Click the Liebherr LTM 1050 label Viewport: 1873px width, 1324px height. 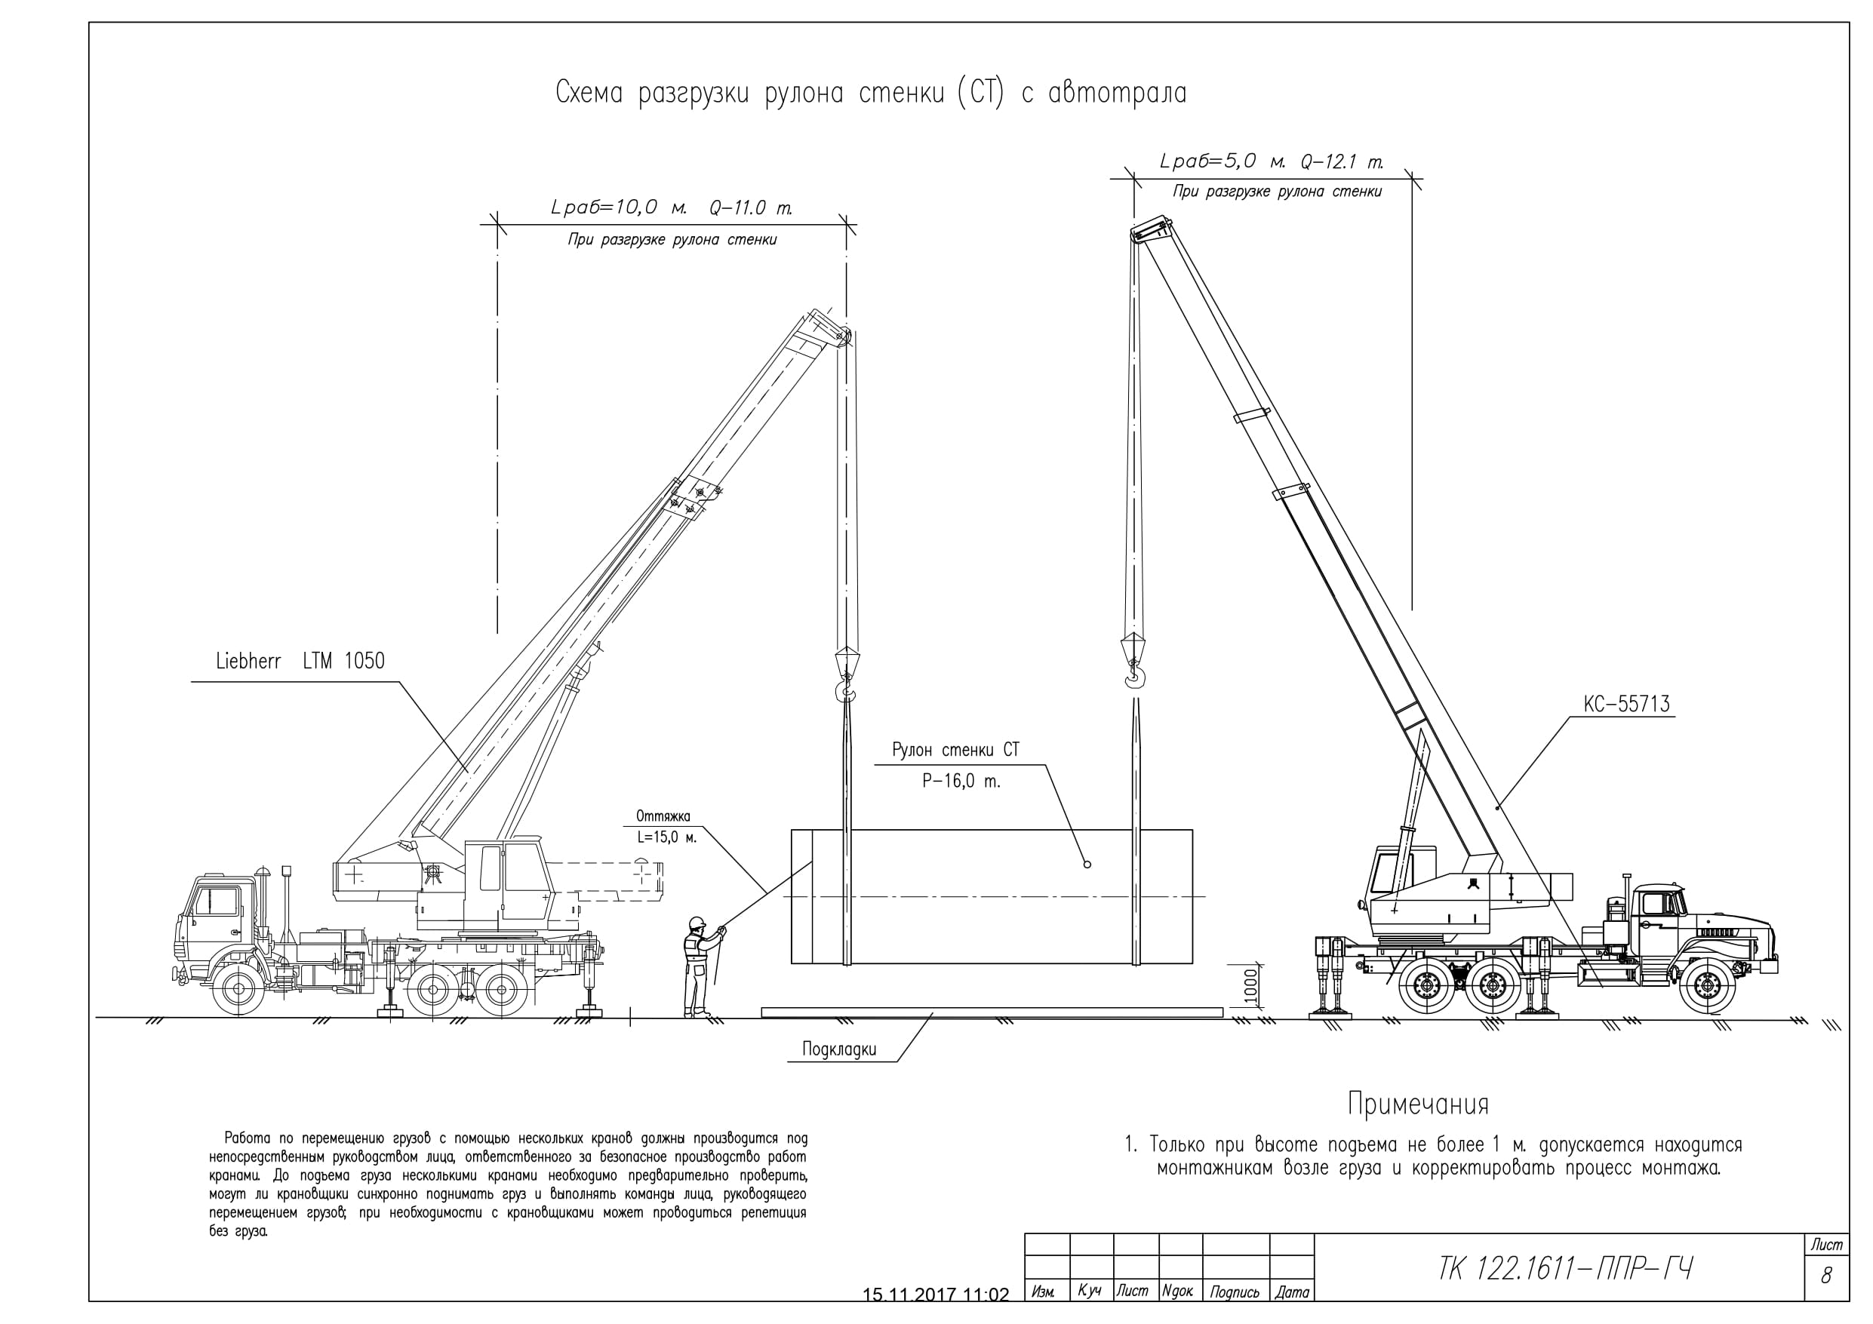click(300, 661)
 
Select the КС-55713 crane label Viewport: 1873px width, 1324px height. click(1627, 704)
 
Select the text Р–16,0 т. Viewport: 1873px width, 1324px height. click(961, 782)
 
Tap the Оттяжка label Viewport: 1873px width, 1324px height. click(663, 816)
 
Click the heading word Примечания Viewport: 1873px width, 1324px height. click(1418, 1104)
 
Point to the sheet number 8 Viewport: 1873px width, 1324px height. click(1825, 1276)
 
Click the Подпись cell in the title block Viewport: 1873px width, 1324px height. click(1235, 1292)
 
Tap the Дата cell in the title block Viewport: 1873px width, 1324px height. click(1292, 1292)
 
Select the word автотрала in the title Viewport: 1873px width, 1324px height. click(1117, 94)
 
